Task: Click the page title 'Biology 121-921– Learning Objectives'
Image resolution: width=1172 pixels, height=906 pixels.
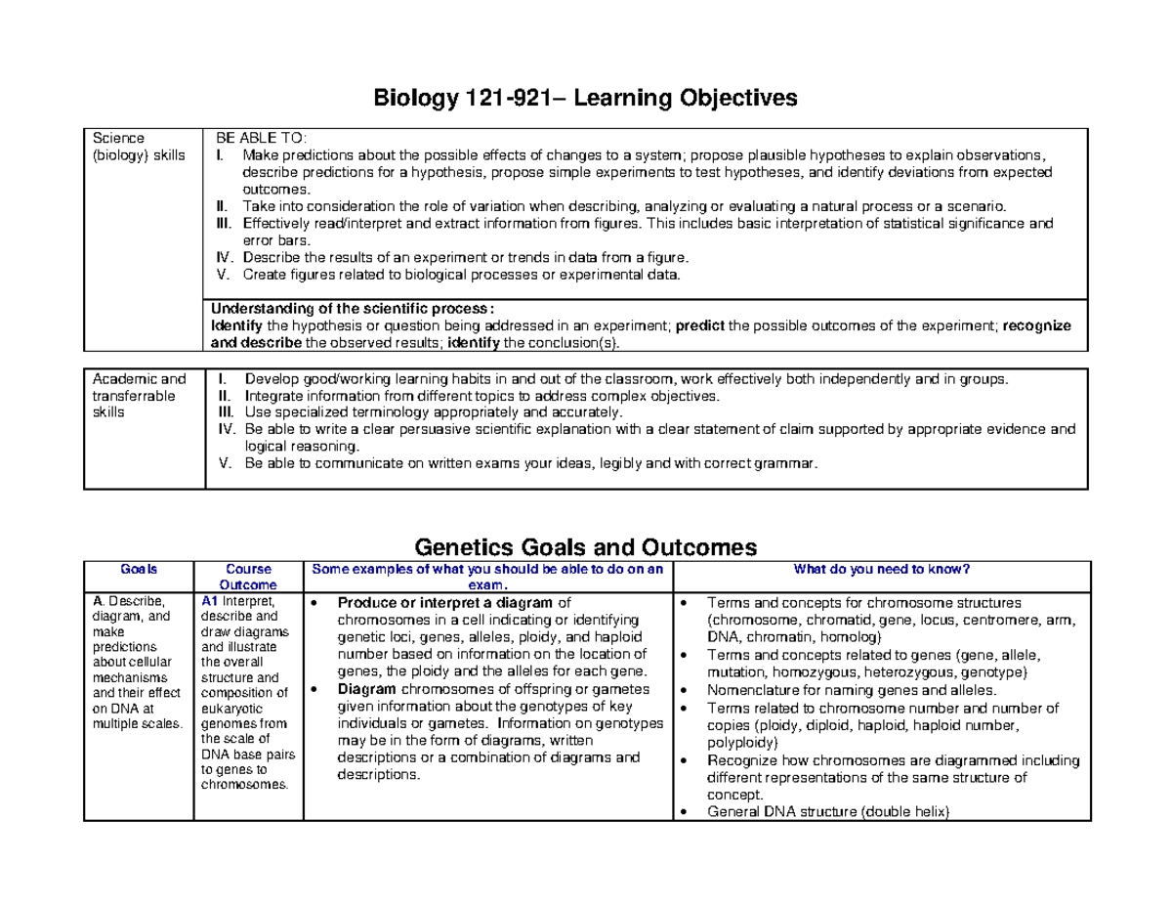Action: pos(585,98)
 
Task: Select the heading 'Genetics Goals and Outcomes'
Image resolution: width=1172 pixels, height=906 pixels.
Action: pos(586,545)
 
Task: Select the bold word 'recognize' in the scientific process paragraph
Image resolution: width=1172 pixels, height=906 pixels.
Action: pos(1037,325)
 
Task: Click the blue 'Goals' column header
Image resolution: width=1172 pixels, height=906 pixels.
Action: pos(138,569)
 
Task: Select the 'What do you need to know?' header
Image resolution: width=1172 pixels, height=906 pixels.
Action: pos(880,569)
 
